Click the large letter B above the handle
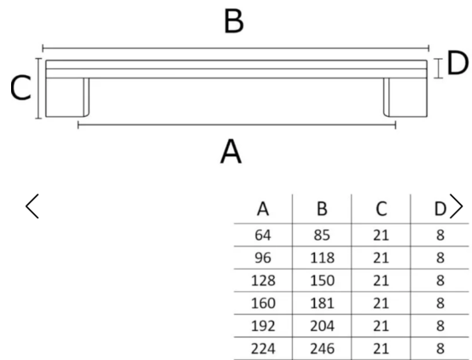tap(234, 21)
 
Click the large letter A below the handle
tap(231, 151)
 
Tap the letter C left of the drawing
tap(20, 88)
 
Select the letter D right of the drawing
tap(457, 63)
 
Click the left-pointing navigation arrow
tap(32, 206)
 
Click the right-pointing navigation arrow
tap(456, 206)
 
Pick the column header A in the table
tap(263, 209)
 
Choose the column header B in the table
tap(322, 209)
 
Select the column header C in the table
tap(381, 209)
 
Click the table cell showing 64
tap(263, 235)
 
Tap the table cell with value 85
tap(322, 235)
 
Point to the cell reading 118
tap(322, 258)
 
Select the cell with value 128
tap(263, 281)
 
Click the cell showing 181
tap(322, 303)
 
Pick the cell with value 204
tap(322, 326)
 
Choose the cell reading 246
tap(322, 349)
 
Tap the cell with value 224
tap(263, 349)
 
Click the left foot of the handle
tap(67, 97)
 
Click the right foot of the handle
tap(405, 97)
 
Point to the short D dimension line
tap(439, 68)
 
